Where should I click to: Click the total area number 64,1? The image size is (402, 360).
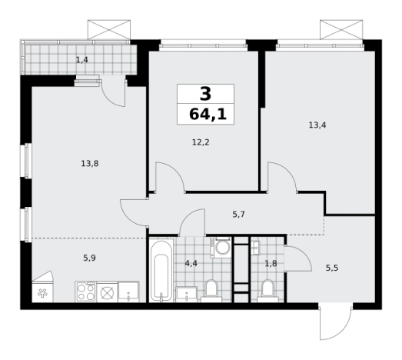click(x=208, y=114)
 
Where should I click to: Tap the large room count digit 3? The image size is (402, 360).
click(x=205, y=94)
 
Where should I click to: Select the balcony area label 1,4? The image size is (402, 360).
click(x=81, y=60)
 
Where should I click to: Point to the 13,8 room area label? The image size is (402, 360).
click(x=90, y=163)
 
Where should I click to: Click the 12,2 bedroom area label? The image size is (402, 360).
click(x=201, y=142)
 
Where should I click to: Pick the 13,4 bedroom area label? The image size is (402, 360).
click(x=317, y=125)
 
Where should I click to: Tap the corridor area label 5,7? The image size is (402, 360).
click(x=239, y=215)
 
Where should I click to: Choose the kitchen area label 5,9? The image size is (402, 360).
click(x=89, y=258)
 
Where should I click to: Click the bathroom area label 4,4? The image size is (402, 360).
click(x=191, y=263)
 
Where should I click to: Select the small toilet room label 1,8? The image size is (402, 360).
click(x=271, y=263)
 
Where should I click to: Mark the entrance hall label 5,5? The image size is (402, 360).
click(x=332, y=268)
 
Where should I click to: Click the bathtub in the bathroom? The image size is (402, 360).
click(x=161, y=271)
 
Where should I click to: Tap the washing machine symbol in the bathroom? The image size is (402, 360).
click(x=222, y=248)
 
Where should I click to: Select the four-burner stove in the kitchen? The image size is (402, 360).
click(x=86, y=292)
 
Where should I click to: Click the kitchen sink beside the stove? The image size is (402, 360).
click(x=128, y=292)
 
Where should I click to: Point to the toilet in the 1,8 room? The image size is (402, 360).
click(x=268, y=291)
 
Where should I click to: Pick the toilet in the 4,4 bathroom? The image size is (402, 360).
click(x=211, y=291)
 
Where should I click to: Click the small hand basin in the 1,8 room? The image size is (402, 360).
click(x=255, y=248)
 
